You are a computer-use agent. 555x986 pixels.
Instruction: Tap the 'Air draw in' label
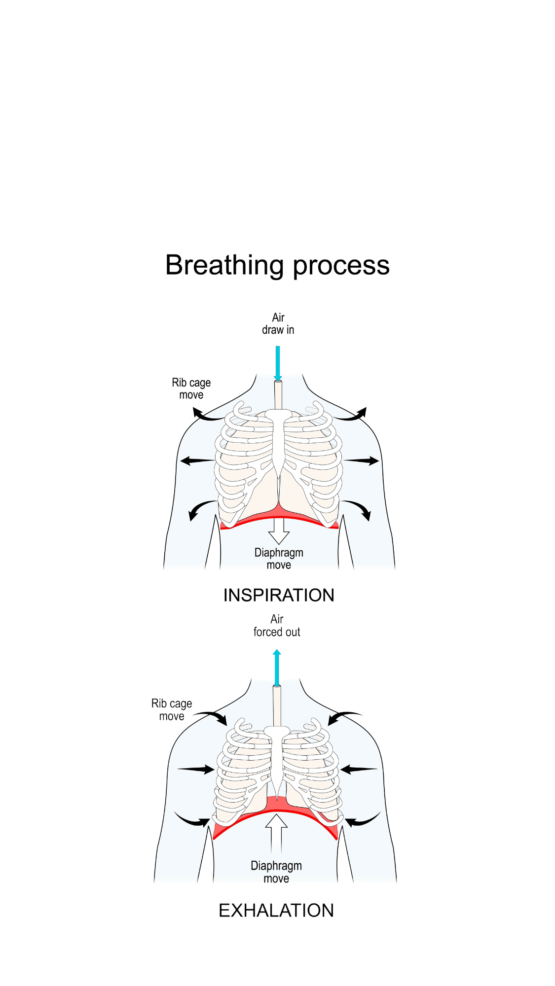278,323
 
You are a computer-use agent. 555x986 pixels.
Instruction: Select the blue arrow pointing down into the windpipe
278,363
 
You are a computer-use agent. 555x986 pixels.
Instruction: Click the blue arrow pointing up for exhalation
277,668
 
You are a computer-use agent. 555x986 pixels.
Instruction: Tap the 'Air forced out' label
277,626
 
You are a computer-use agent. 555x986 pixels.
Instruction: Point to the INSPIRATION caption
279,595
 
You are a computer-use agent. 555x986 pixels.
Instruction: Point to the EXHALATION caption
276,911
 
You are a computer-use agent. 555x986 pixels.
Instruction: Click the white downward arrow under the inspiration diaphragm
279,531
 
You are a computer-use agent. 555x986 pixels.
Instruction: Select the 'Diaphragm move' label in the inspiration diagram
279,559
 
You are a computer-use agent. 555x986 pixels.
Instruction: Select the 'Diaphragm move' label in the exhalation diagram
276,872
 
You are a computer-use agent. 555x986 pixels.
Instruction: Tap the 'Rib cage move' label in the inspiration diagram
191,388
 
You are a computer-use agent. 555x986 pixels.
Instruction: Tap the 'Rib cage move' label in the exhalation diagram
172,710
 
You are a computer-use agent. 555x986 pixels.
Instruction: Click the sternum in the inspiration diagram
279,439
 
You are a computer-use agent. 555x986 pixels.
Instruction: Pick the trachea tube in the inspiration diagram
278,395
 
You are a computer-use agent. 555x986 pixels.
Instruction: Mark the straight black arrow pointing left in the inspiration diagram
197,461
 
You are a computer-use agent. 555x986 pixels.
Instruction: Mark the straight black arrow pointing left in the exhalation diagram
359,769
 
